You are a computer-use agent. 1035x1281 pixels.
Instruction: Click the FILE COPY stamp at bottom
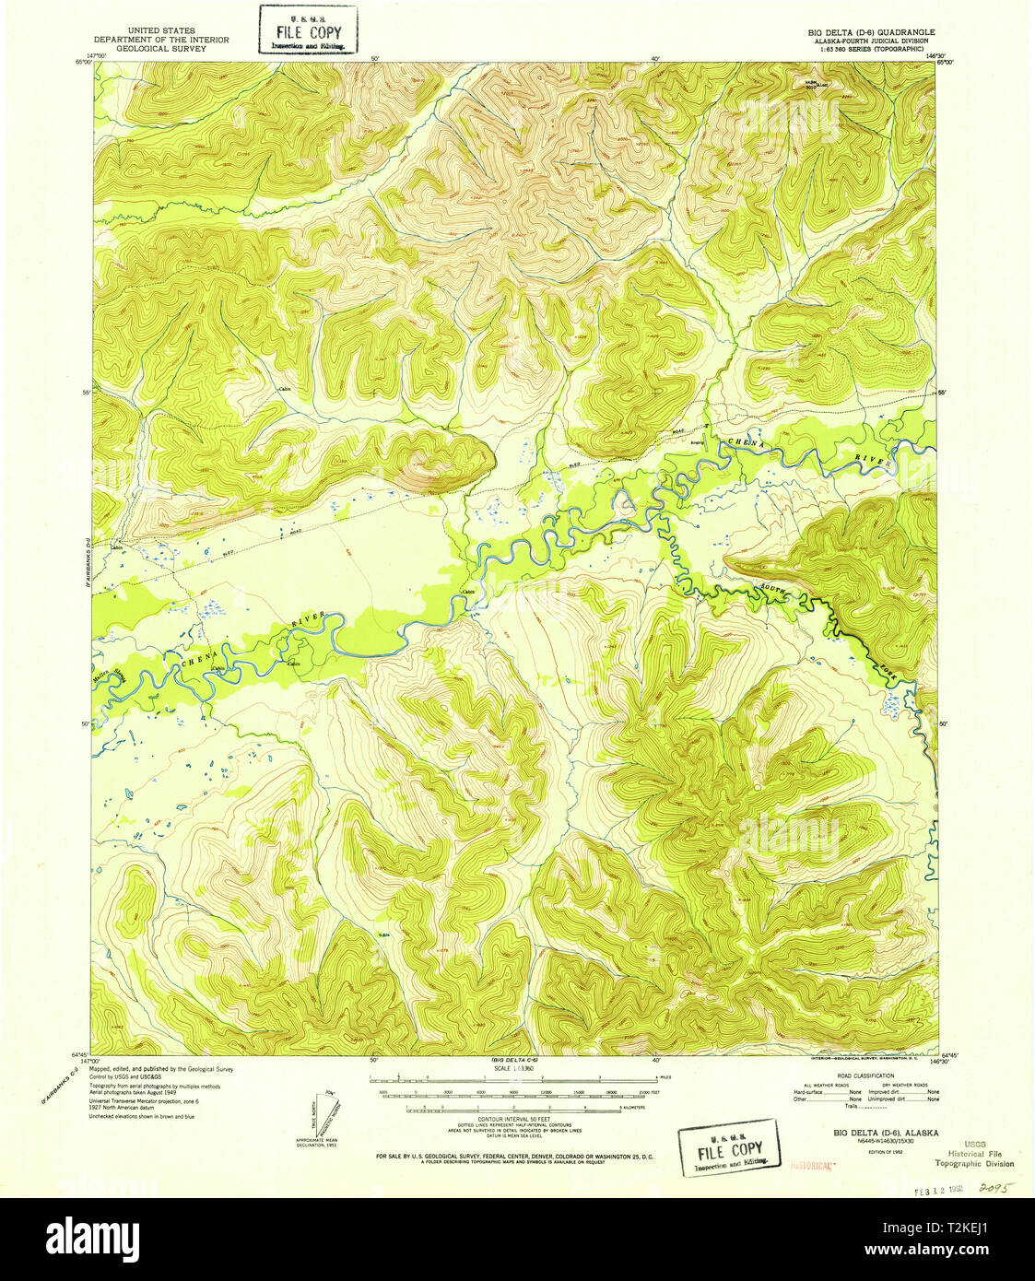(x=729, y=1147)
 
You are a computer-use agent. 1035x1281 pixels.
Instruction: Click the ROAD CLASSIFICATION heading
(x=866, y=1075)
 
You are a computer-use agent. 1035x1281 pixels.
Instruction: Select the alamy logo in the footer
(x=92, y=1236)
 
